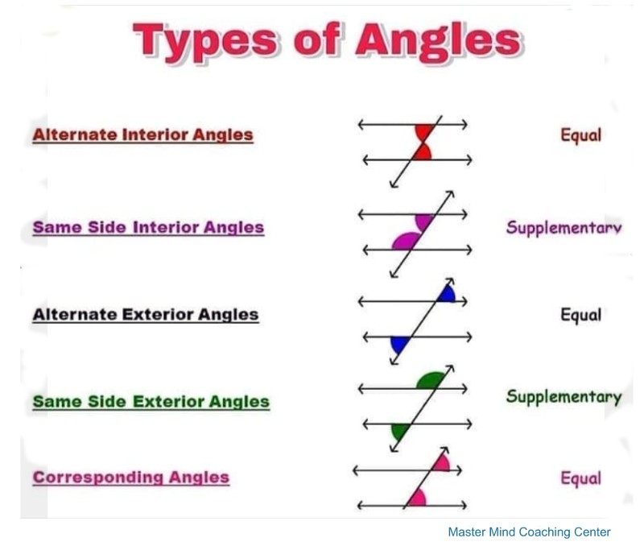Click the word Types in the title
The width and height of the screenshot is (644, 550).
click(205, 41)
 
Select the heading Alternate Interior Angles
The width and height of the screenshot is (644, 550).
click(143, 135)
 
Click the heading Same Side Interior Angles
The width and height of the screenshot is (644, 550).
click(148, 228)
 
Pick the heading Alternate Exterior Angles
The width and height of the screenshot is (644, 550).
click(146, 315)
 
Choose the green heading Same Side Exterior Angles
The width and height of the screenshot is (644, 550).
click(151, 402)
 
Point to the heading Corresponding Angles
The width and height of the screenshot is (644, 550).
click(131, 478)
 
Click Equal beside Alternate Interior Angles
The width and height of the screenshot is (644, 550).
click(580, 135)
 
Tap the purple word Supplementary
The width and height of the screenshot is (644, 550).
click(564, 228)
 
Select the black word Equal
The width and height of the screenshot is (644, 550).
click(580, 315)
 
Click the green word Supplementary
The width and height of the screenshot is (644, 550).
click(564, 397)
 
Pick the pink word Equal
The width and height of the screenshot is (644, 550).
click(580, 478)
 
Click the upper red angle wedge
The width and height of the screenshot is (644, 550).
click(423, 132)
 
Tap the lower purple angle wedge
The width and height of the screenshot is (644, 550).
click(407, 242)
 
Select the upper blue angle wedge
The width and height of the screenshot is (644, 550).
click(447, 295)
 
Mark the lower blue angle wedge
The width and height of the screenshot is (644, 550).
click(398, 344)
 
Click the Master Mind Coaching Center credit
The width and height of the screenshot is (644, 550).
click(529, 532)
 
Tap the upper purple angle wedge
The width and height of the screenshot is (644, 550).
click(424, 221)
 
